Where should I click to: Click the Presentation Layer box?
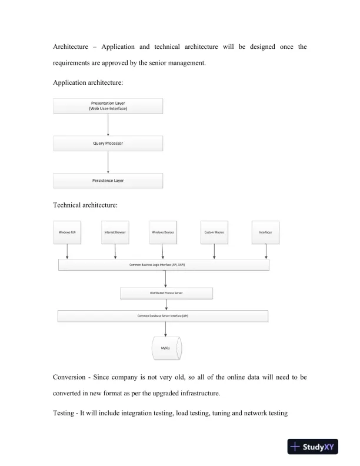click(108, 105)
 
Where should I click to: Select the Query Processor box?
click(108, 143)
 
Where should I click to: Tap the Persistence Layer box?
click(108, 181)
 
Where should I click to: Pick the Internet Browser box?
click(115, 232)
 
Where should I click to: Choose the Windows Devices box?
click(163, 232)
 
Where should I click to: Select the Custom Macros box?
click(214, 232)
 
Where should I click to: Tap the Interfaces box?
click(265, 232)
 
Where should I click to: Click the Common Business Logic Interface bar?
click(164, 265)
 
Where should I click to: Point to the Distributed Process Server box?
click(166, 292)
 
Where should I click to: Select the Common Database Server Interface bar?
click(163, 316)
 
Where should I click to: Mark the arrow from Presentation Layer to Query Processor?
click(108, 124)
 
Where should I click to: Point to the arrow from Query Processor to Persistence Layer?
click(108, 162)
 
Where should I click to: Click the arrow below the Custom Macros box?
click(214, 251)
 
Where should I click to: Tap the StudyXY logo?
click(318, 447)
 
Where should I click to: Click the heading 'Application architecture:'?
click(88, 84)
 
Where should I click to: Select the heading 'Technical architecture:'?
click(85, 205)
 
